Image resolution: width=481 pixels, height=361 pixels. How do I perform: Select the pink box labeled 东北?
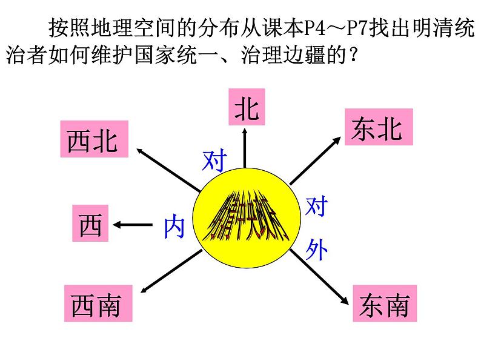pos(378,127)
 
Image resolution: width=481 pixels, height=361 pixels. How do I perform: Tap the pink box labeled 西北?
pos(93,139)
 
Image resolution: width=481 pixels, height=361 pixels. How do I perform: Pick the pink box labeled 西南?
pos(96,304)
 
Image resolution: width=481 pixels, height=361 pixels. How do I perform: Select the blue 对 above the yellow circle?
pos(215,161)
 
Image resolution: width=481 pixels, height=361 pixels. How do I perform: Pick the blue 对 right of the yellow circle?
pos(316,208)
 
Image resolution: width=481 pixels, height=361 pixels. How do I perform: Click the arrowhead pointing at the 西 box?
pos(118,225)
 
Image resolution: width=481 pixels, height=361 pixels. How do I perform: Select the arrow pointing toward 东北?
pos(315,160)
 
